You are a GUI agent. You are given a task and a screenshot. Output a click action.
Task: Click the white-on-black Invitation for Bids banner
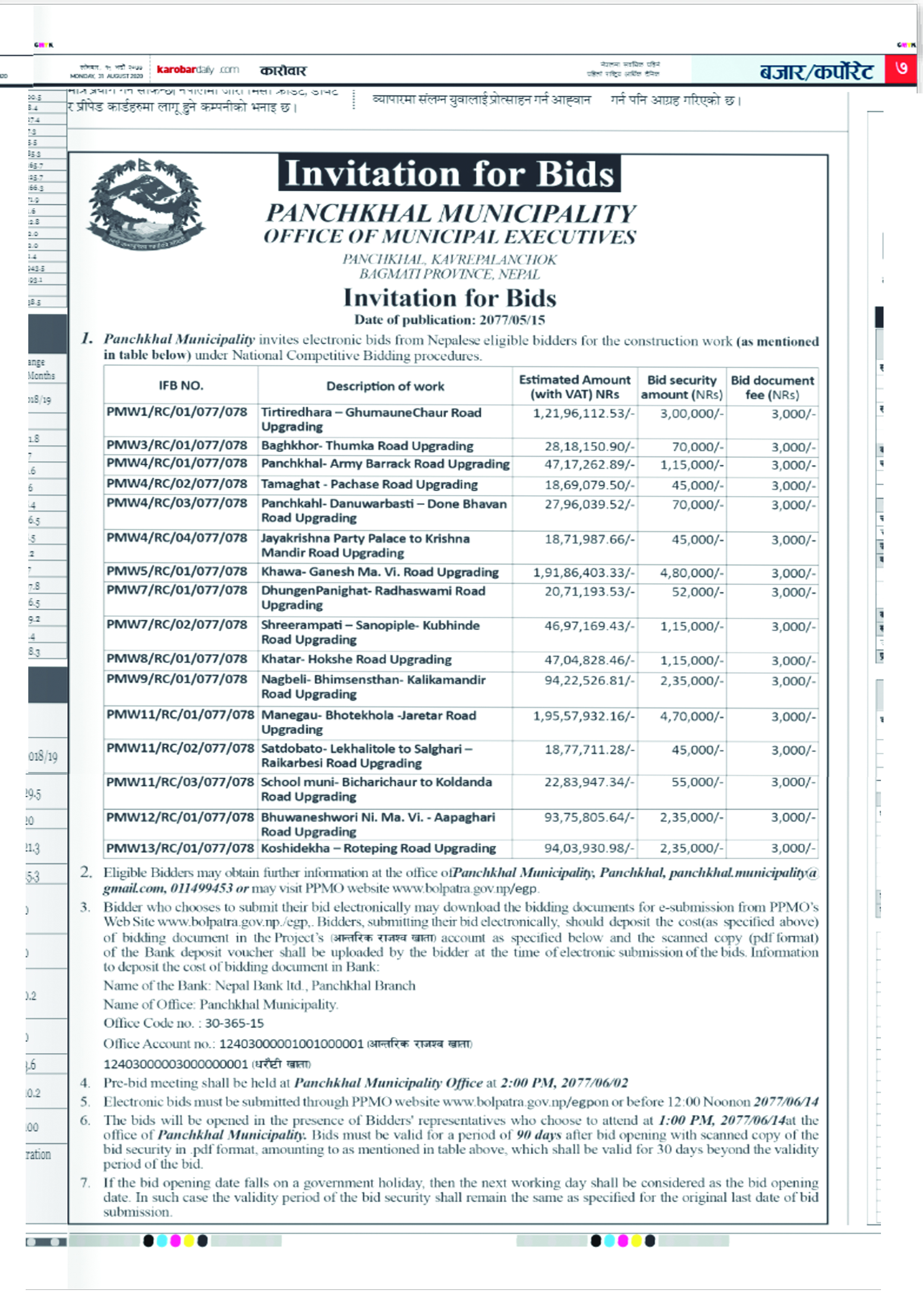(x=449, y=173)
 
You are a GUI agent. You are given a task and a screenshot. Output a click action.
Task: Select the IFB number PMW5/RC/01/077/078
(x=177, y=571)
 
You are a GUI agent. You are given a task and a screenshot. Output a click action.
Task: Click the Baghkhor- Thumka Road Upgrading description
(x=367, y=446)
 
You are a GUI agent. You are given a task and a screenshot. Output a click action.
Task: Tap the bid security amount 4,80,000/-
(x=691, y=573)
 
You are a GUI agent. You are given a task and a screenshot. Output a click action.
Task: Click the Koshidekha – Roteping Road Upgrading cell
(x=378, y=849)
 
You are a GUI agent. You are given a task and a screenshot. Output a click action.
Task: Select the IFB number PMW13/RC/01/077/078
(x=180, y=849)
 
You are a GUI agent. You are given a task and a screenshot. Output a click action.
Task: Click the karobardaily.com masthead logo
(x=197, y=70)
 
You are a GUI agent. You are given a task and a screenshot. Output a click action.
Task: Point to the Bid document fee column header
(x=772, y=387)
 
